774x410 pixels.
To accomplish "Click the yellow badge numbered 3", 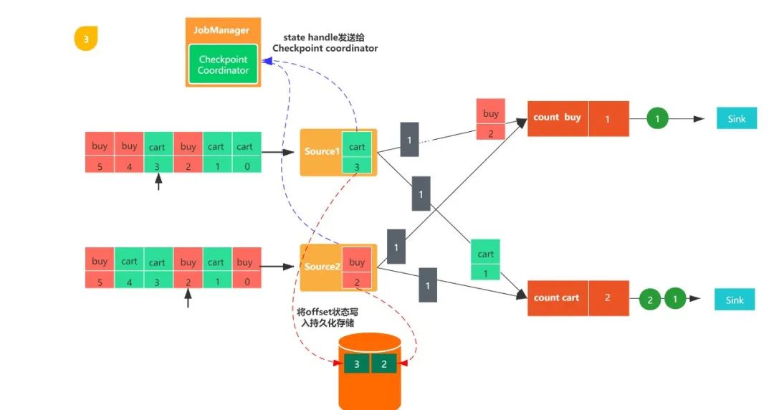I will pos(86,39).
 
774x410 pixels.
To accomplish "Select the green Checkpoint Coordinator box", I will pos(224,65).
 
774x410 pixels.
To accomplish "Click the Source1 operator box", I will pos(322,151).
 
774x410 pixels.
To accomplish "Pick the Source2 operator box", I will pos(322,267).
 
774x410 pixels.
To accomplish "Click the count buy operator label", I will pos(558,118).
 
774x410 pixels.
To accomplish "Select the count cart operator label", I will pos(557,297).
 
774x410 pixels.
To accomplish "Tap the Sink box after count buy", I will pos(736,118).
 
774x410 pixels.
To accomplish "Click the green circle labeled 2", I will pos(650,300).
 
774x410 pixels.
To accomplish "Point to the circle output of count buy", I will pos(658,118).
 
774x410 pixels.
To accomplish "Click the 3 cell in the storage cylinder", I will pos(357,364).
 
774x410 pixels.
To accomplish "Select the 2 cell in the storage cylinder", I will pos(384,364).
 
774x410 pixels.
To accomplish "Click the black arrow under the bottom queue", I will pos(188,299).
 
